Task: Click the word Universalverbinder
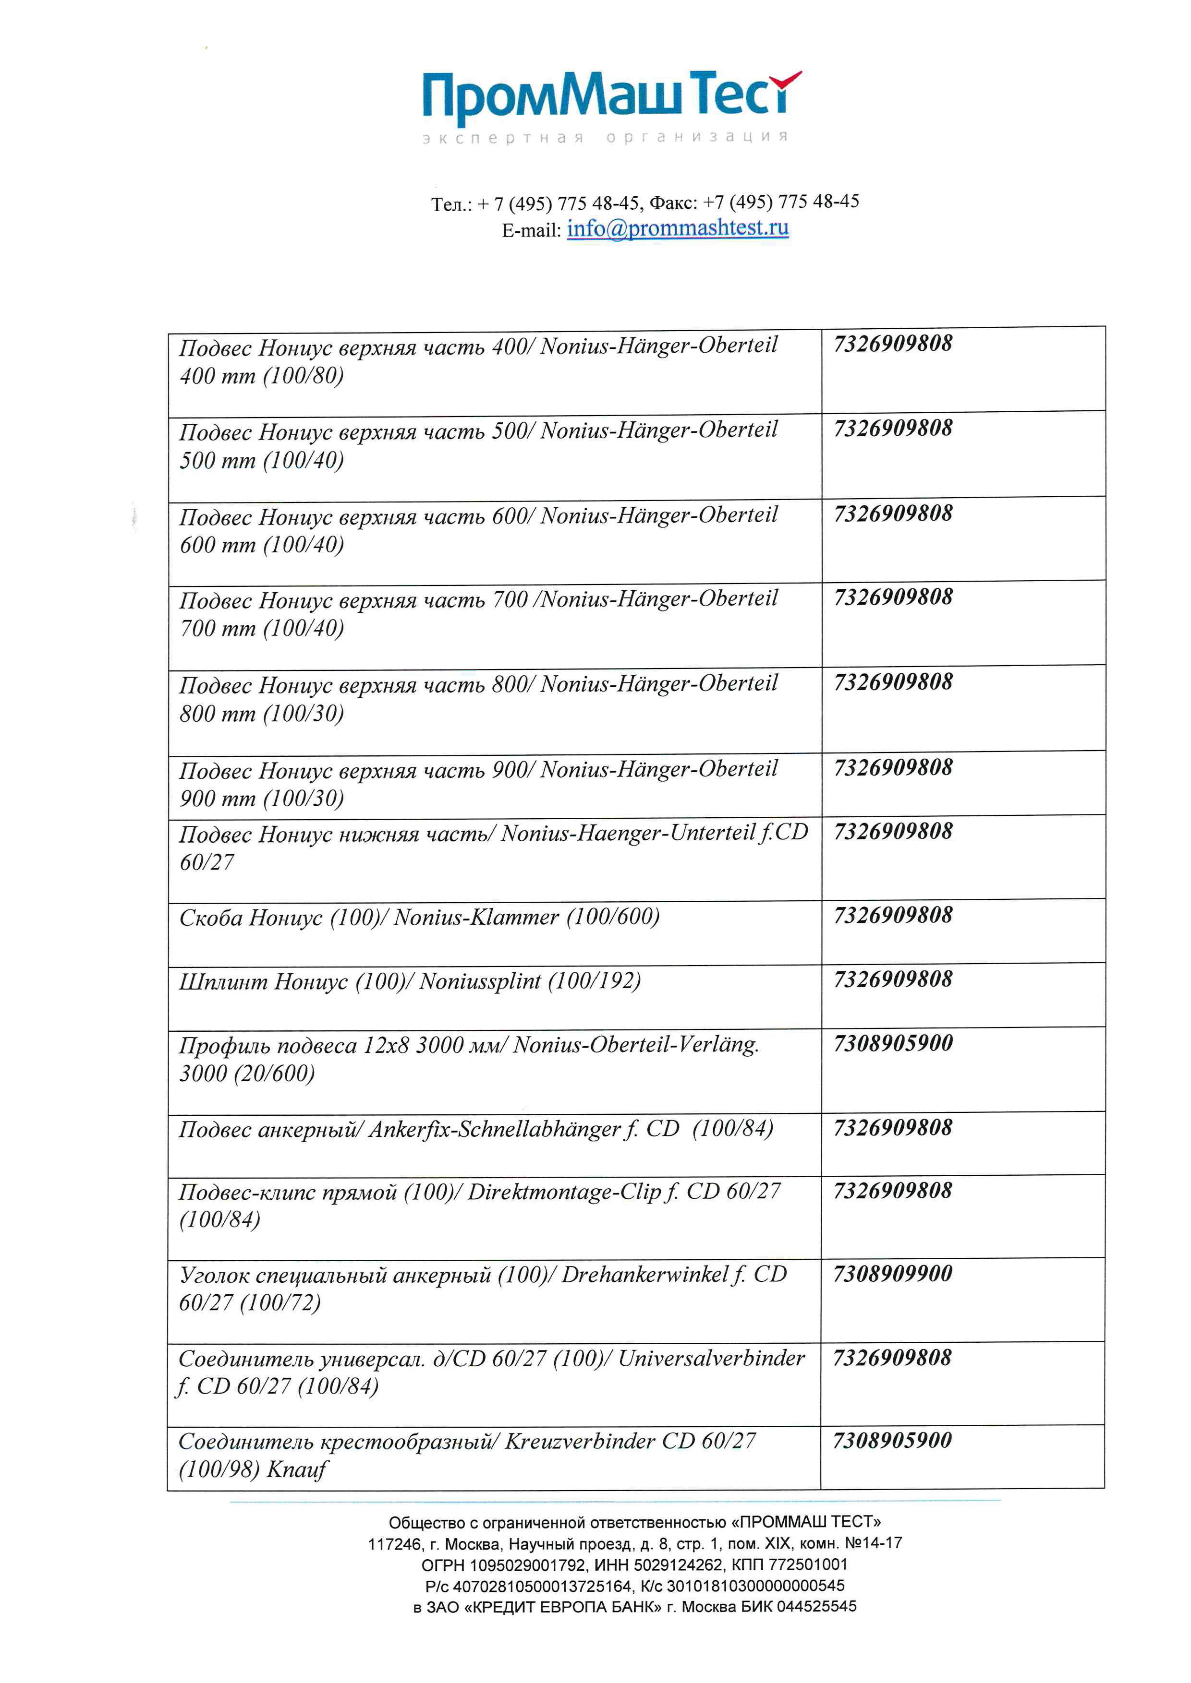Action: coord(711,1358)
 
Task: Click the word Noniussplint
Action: coord(480,981)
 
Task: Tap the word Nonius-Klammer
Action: coord(476,918)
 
